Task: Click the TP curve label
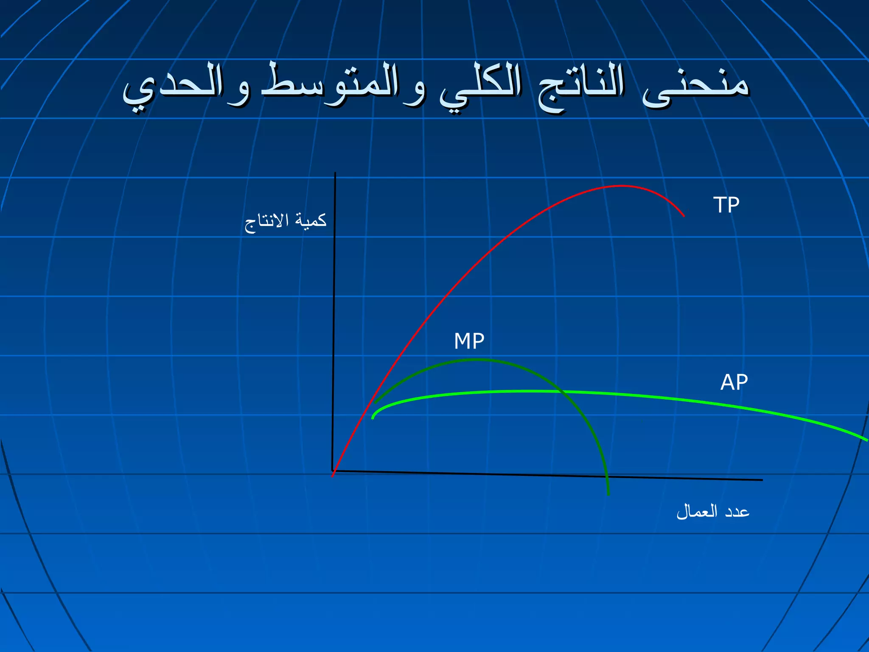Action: coord(726,205)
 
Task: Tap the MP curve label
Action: coord(469,341)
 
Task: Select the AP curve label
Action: coord(734,382)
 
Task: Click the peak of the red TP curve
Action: coord(621,186)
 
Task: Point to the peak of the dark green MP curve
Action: coord(479,360)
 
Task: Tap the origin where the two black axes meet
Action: coord(333,470)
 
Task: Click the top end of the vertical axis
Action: coord(335,173)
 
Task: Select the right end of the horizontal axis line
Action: coord(762,480)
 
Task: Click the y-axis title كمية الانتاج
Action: coord(286,222)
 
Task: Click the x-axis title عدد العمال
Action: coord(713,511)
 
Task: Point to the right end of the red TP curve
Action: coord(684,216)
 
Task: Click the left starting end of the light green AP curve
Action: coord(373,419)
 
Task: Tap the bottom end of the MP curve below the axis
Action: coord(608,495)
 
